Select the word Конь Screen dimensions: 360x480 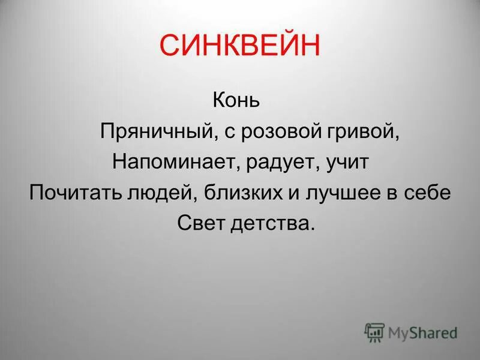[x=236, y=99]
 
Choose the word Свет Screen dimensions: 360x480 [x=200, y=224]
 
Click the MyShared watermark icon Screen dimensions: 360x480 [x=374, y=332]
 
